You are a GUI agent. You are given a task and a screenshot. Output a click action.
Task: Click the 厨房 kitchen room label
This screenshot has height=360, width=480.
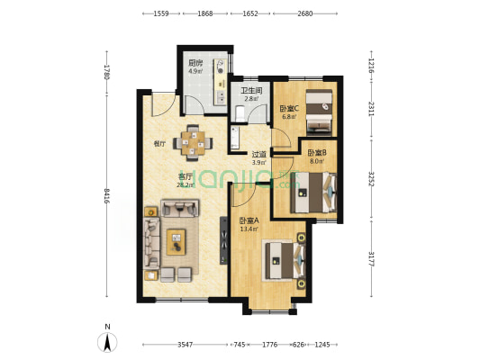pos(194,63)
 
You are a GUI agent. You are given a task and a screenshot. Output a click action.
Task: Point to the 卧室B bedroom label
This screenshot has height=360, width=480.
pos(315,153)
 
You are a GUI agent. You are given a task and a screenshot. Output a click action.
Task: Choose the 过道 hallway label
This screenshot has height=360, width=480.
pos(258,154)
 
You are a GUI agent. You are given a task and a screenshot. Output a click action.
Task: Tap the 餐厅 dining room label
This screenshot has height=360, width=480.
pos(159,143)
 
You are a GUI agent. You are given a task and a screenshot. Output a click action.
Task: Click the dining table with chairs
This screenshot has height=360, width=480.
pos(194,140)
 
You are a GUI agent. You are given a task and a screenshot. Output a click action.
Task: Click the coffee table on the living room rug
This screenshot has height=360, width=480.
pos(177,239)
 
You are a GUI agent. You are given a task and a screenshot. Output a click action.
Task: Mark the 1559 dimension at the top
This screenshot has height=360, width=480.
pos(162,13)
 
